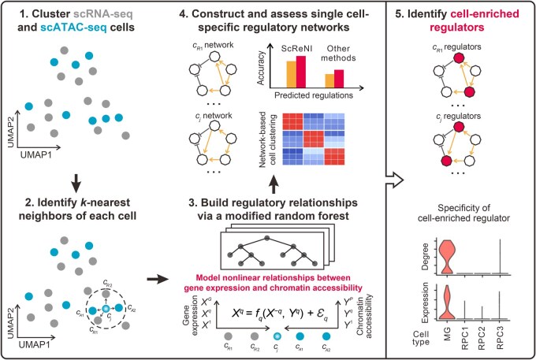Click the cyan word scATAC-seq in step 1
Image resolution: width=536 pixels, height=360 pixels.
(73, 27)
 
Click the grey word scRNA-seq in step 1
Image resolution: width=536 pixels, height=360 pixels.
(102, 14)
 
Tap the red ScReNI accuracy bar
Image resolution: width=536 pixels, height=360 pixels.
(301, 72)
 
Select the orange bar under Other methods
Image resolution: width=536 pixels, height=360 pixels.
(329, 81)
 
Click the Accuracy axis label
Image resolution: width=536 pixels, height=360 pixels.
(261, 68)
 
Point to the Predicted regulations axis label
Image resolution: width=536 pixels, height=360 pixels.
(314, 95)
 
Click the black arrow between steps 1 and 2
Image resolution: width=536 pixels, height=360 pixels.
(76, 183)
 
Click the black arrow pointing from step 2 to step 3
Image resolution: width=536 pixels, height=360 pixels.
(158, 280)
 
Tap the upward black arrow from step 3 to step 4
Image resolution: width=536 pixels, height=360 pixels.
(274, 185)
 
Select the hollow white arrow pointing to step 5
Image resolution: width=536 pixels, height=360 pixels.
(395, 180)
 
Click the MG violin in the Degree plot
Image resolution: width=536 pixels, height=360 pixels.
(447, 257)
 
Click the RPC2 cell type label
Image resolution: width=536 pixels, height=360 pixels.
(482, 340)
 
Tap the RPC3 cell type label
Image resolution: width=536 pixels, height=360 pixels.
(500, 340)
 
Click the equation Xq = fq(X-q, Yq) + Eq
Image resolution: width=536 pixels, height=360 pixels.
(280, 314)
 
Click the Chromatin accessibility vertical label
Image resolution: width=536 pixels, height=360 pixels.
(365, 316)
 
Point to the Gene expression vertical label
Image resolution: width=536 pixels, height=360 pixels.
(191, 315)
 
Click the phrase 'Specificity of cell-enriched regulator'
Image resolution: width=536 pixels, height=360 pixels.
(463, 213)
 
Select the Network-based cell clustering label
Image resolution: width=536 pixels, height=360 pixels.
(268, 139)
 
